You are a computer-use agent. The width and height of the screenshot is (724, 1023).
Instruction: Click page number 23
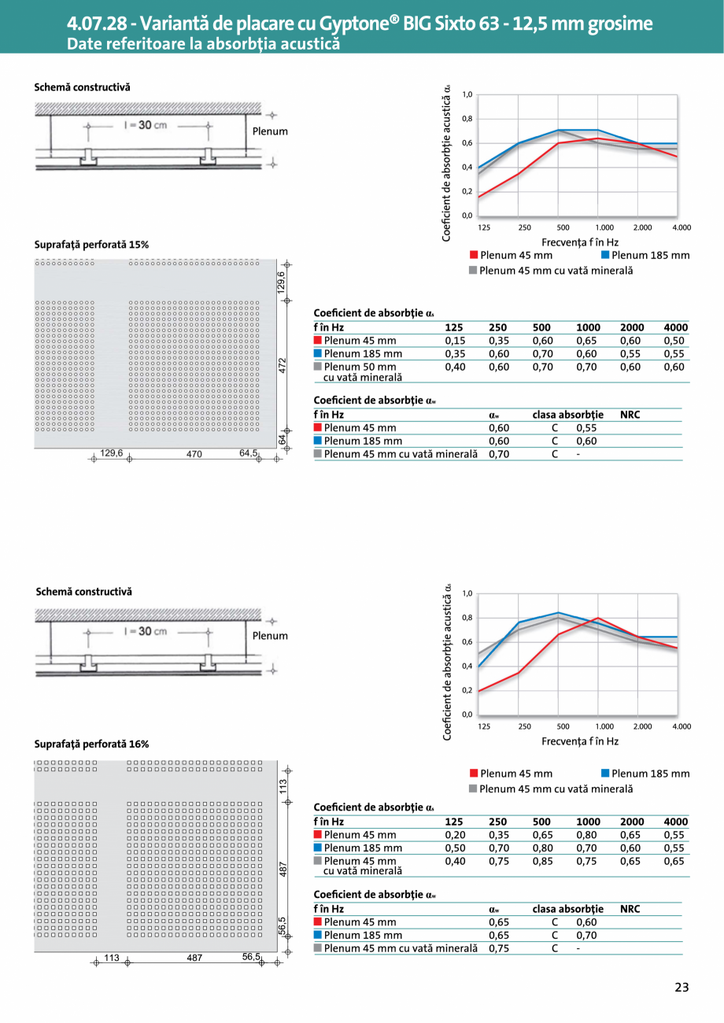pos(681,988)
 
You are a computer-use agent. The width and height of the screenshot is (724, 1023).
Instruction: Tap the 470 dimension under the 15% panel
pos(195,453)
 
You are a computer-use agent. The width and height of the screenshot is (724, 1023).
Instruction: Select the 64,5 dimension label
pos(249,453)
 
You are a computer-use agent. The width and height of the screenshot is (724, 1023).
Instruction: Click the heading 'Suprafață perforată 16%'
pos(91,744)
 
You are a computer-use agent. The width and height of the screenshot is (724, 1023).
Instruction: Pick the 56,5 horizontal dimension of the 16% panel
pos(251,957)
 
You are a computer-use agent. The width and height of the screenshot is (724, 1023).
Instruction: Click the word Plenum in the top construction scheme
pos(270,131)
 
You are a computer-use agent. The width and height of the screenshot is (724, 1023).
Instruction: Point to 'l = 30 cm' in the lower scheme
pos(145,631)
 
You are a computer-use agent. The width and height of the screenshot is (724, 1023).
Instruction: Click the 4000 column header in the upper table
pos(675,327)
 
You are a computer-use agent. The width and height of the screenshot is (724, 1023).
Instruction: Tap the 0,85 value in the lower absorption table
pos(542,862)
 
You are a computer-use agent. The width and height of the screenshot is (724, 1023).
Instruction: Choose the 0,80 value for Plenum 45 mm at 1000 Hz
pos(587,835)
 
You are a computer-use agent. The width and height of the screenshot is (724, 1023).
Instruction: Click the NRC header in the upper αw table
pos(630,414)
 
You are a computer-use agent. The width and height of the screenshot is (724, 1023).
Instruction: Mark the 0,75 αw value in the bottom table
pos(499,948)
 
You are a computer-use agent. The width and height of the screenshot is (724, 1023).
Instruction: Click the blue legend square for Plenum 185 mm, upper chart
pos(605,255)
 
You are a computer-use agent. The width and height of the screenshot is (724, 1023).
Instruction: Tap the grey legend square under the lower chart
pos(473,788)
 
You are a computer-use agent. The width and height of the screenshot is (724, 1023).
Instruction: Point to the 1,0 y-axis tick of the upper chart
pos(467,94)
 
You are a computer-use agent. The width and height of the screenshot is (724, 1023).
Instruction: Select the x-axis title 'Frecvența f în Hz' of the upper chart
pos(579,242)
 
